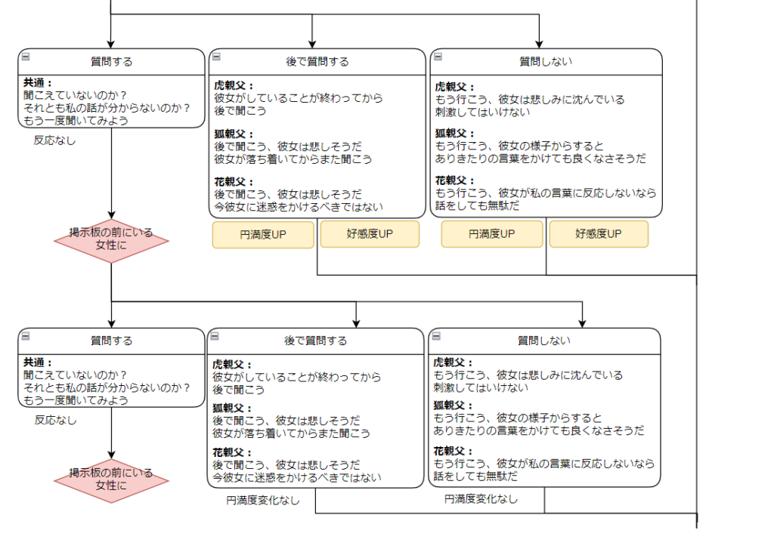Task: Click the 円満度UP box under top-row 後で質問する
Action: click(x=262, y=235)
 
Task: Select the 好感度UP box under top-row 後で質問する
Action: click(x=370, y=234)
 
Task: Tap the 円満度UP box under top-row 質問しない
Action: click(x=491, y=234)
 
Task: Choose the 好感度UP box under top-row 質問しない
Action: click(x=599, y=234)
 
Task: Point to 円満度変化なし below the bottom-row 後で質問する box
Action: click(x=263, y=500)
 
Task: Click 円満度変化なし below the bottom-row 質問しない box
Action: click(x=481, y=498)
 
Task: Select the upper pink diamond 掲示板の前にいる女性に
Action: click(x=111, y=239)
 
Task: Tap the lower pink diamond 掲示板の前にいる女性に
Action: click(x=111, y=480)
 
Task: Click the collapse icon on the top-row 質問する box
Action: click(x=25, y=57)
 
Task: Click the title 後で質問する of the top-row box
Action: click(x=317, y=62)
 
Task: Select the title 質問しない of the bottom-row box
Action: click(x=543, y=341)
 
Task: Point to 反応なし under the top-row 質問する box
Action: click(x=55, y=140)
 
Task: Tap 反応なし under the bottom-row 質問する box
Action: click(x=56, y=420)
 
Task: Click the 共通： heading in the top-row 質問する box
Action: click(x=38, y=83)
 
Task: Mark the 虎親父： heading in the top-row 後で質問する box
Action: click(x=234, y=85)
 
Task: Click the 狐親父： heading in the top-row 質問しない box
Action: click(x=456, y=133)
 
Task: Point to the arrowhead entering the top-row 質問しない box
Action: click(x=539, y=44)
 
